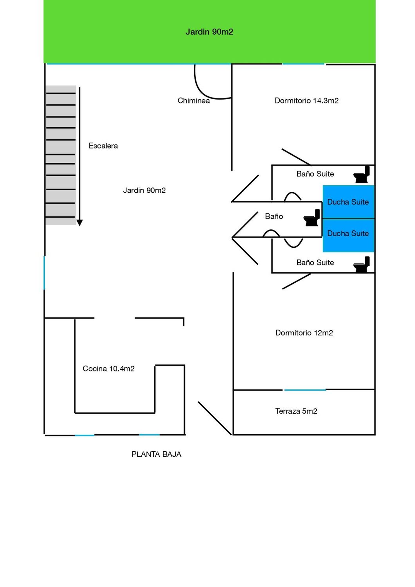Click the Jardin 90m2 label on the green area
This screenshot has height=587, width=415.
[x=209, y=32]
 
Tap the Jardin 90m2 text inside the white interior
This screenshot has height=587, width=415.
[x=144, y=190]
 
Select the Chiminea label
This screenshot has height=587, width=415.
[x=194, y=101]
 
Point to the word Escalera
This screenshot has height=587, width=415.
[x=103, y=146]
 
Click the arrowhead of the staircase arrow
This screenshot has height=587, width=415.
[x=79, y=223]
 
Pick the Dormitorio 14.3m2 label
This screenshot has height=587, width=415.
[x=307, y=100]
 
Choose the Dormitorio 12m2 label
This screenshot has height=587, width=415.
[x=304, y=333]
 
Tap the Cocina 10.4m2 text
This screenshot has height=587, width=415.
[x=108, y=369]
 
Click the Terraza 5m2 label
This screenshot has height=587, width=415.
[x=296, y=411]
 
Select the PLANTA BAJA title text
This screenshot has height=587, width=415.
[x=156, y=454]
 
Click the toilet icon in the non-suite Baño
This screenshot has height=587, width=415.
[x=312, y=218]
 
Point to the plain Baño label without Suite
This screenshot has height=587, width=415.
[x=274, y=216]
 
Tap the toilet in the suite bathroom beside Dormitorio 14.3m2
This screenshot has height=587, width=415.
[x=362, y=174]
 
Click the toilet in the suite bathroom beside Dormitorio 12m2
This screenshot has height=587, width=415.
[x=362, y=265]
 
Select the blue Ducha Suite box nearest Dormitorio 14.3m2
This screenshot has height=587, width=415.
[x=348, y=202]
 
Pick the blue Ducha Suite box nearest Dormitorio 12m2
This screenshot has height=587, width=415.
[x=348, y=236]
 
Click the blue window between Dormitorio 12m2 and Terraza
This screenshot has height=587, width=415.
[x=305, y=390]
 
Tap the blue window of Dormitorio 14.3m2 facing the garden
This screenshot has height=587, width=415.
[x=303, y=64]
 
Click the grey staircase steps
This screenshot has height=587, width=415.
[x=61, y=155]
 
